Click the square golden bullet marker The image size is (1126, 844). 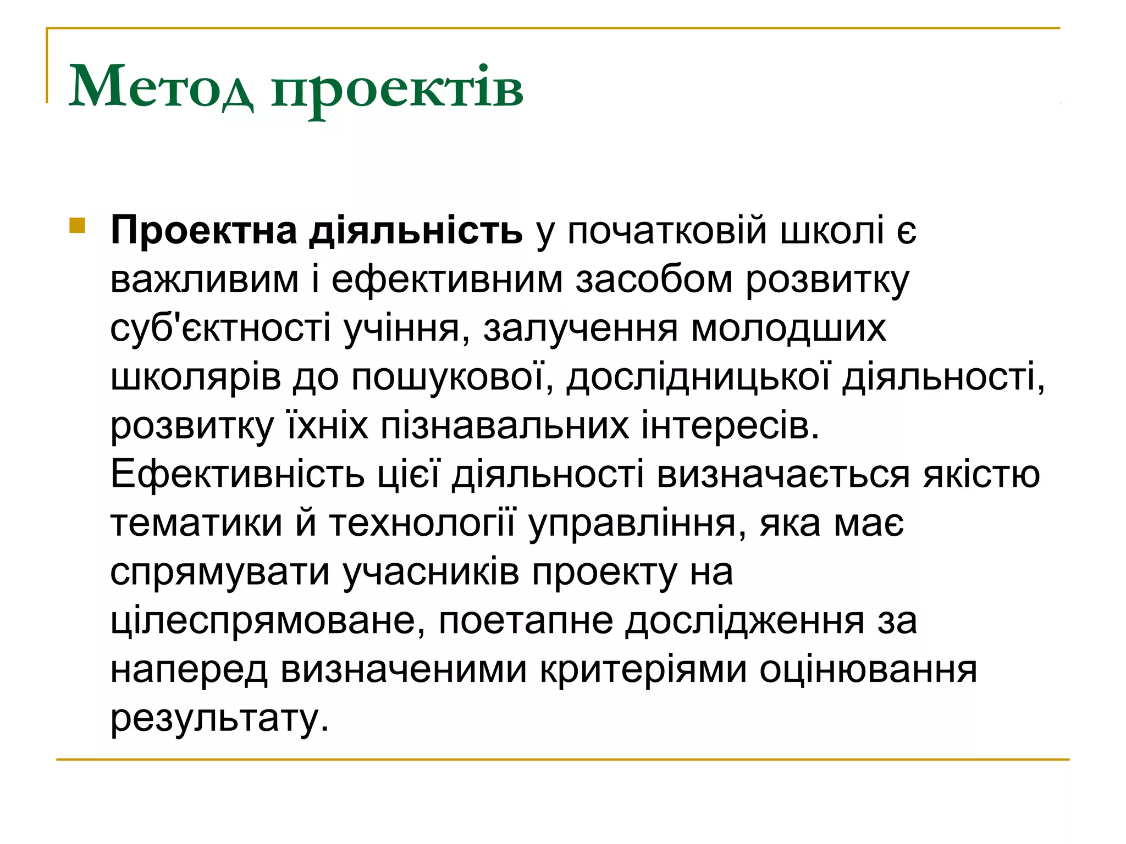78,226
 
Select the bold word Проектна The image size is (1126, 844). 204,231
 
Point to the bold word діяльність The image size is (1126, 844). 416,231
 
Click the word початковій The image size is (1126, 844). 667,231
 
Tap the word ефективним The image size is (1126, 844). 447,280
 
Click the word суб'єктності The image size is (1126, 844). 220,329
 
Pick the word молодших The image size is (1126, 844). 788,329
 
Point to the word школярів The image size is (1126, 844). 196,377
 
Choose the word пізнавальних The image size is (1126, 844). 505,426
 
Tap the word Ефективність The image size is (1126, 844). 238,474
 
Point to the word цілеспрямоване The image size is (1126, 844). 268,621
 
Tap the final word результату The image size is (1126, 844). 219,719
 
